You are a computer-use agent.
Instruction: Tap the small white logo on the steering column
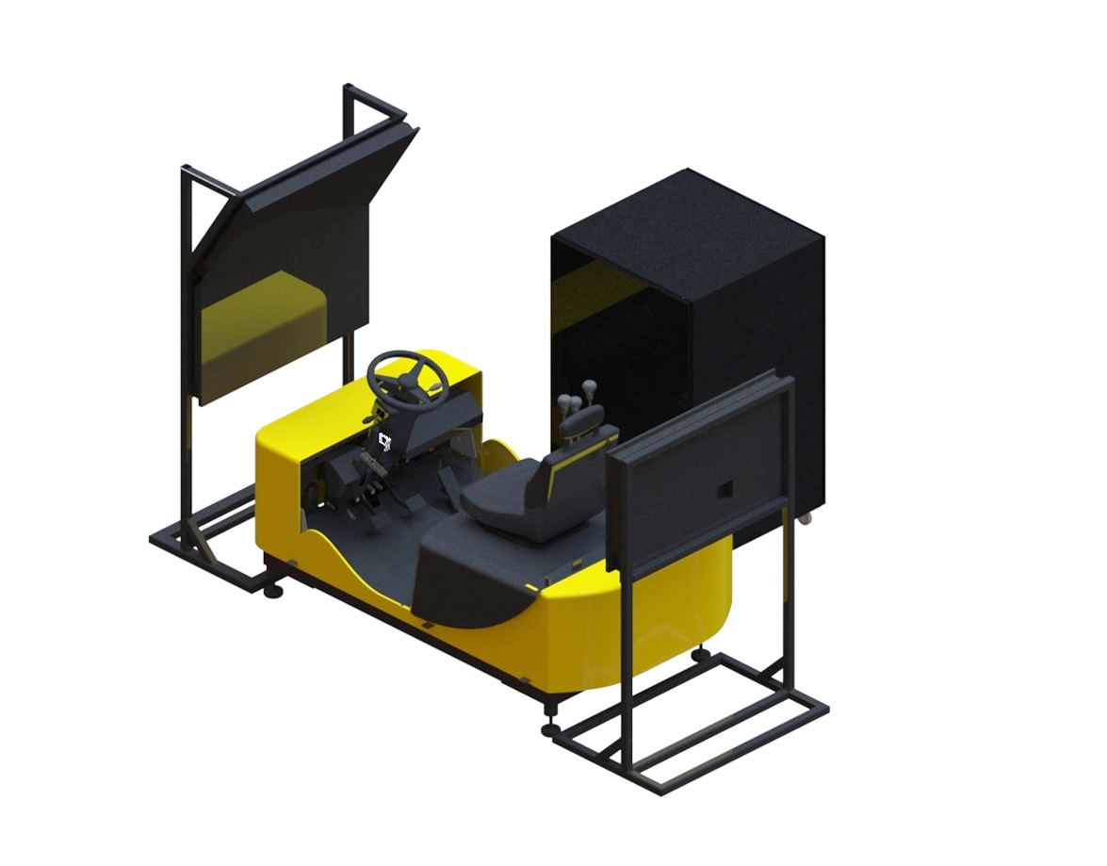click(384, 440)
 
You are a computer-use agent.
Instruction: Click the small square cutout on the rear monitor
click(724, 490)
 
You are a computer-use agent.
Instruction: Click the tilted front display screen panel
click(283, 273)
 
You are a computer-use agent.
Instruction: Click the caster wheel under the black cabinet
click(805, 519)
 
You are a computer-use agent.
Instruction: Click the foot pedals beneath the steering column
click(372, 490)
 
